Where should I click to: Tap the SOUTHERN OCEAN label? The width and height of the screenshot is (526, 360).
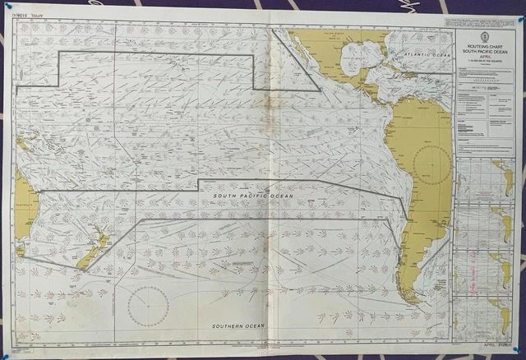[x=238, y=325]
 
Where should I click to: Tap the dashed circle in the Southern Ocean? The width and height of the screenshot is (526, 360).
[x=148, y=307]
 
